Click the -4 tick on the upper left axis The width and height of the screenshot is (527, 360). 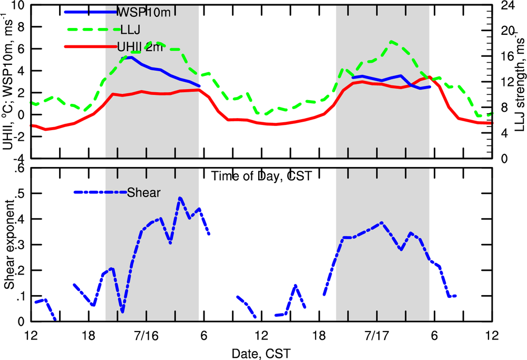[x=19, y=158]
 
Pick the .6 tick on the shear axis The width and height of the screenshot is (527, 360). [x=20, y=168]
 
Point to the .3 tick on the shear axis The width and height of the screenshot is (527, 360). [x=20, y=245]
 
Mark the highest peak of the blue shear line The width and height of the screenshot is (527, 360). [x=180, y=198]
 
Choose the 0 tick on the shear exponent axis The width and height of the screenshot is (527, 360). [x=22, y=321]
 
